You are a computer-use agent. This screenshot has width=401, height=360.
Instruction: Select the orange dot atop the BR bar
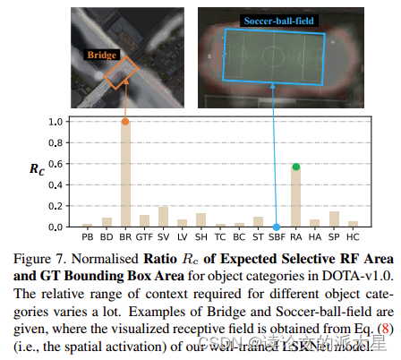tap(125, 121)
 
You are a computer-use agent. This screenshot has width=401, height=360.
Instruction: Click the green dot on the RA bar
tap(295, 166)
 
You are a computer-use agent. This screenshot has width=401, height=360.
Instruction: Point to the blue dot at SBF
tap(277, 227)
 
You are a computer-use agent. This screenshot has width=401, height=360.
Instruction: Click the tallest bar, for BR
tap(125, 175)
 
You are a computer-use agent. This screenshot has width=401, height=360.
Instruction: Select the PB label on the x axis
tap(87, 238)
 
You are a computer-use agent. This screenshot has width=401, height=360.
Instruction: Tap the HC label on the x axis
tap(353, 238)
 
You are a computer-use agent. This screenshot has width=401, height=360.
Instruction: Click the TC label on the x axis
tap(220, 238)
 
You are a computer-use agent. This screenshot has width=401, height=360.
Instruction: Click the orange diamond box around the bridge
tap(118, 73)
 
